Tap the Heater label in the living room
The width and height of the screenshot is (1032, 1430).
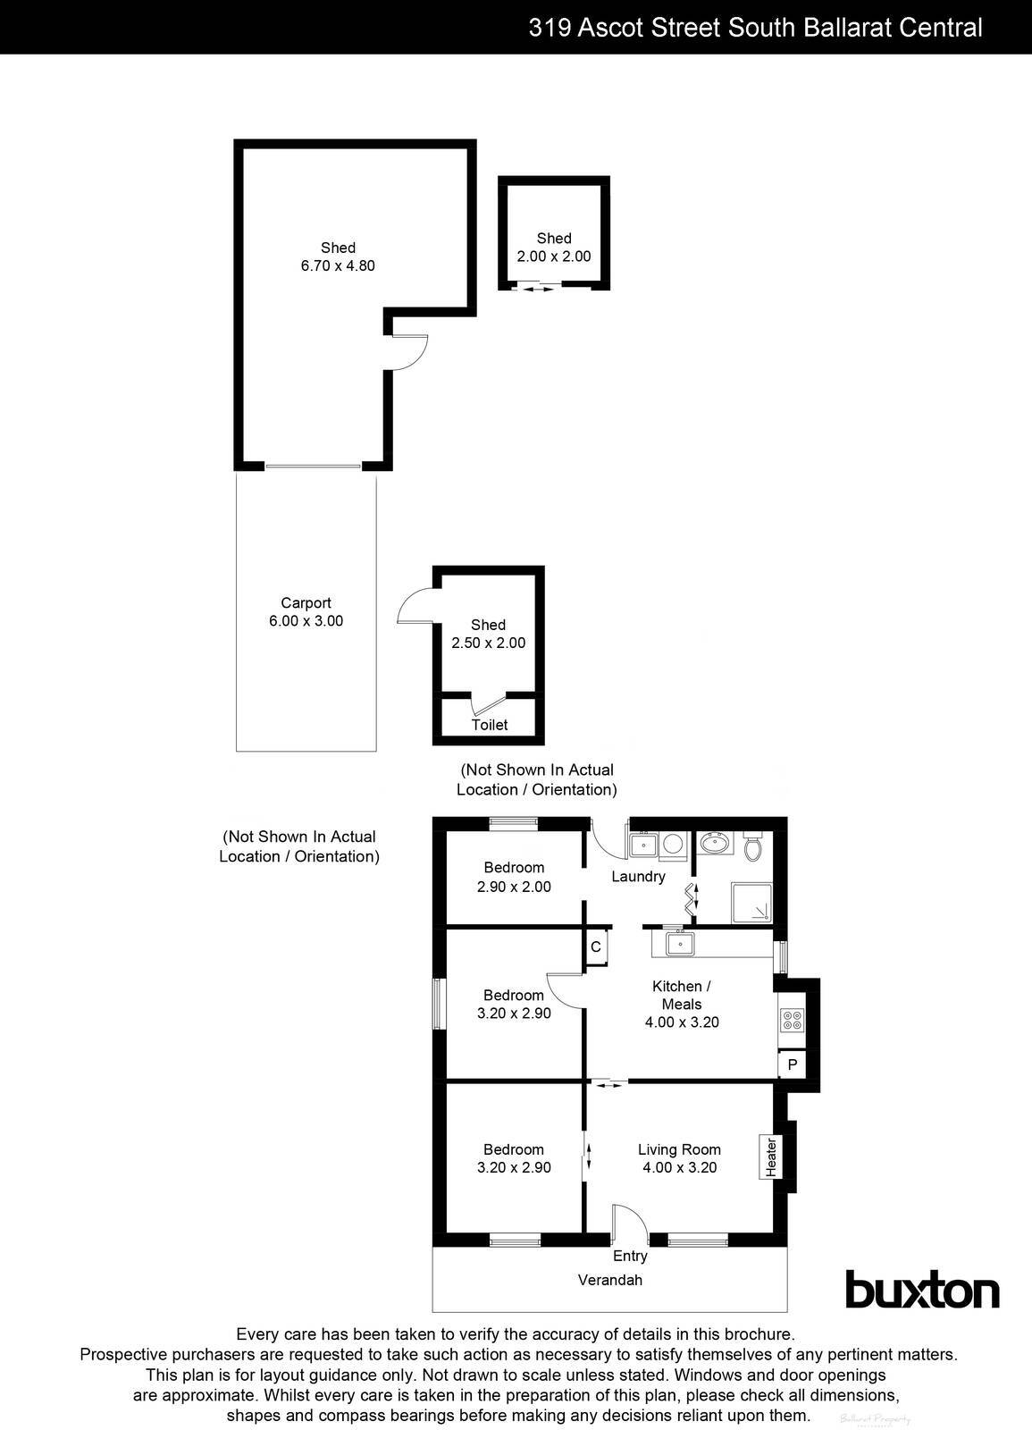[x=770, y=1157]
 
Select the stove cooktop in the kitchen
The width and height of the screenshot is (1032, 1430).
[x=792, y=1021]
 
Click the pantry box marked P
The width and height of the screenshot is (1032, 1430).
[x=792, y=1065]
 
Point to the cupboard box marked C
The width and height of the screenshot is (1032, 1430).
[x=596, y=946]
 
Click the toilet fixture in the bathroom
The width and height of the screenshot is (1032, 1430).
[x=752, y=845]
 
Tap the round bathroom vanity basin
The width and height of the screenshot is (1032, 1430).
[x=714, y=842]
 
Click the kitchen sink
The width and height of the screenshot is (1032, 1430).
[x=680, y=943]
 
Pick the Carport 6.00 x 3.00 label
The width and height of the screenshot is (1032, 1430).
[x=306, y=612]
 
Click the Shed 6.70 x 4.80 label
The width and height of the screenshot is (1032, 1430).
[x=338, y=257]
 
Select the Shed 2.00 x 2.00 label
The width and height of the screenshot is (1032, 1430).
[x=554, y=247]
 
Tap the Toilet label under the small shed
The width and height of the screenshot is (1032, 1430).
[x=490, y=725]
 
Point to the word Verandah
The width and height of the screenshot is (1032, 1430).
[x=610, y=1280]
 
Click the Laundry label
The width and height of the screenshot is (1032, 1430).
[x=638, y=877]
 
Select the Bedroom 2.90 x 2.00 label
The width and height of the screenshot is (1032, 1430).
[x=514, y=877]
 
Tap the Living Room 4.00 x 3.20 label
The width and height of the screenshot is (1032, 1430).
[x=679, y=1158]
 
